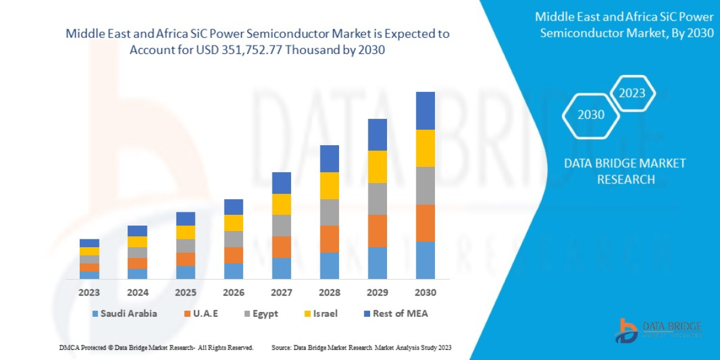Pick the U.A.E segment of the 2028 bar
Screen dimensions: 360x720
329,239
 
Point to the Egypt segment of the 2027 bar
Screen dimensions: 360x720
281,226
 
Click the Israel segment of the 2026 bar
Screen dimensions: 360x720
233,223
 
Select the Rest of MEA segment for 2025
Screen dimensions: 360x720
185,218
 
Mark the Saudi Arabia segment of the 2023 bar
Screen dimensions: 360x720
89,275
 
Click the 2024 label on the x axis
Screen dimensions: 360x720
137,293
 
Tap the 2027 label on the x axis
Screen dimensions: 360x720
281,293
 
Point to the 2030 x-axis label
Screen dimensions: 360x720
425,293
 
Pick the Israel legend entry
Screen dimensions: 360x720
320,313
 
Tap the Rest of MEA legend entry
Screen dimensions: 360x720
395,313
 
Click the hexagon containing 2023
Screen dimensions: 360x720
632,93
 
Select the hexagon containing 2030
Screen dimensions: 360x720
590,115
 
